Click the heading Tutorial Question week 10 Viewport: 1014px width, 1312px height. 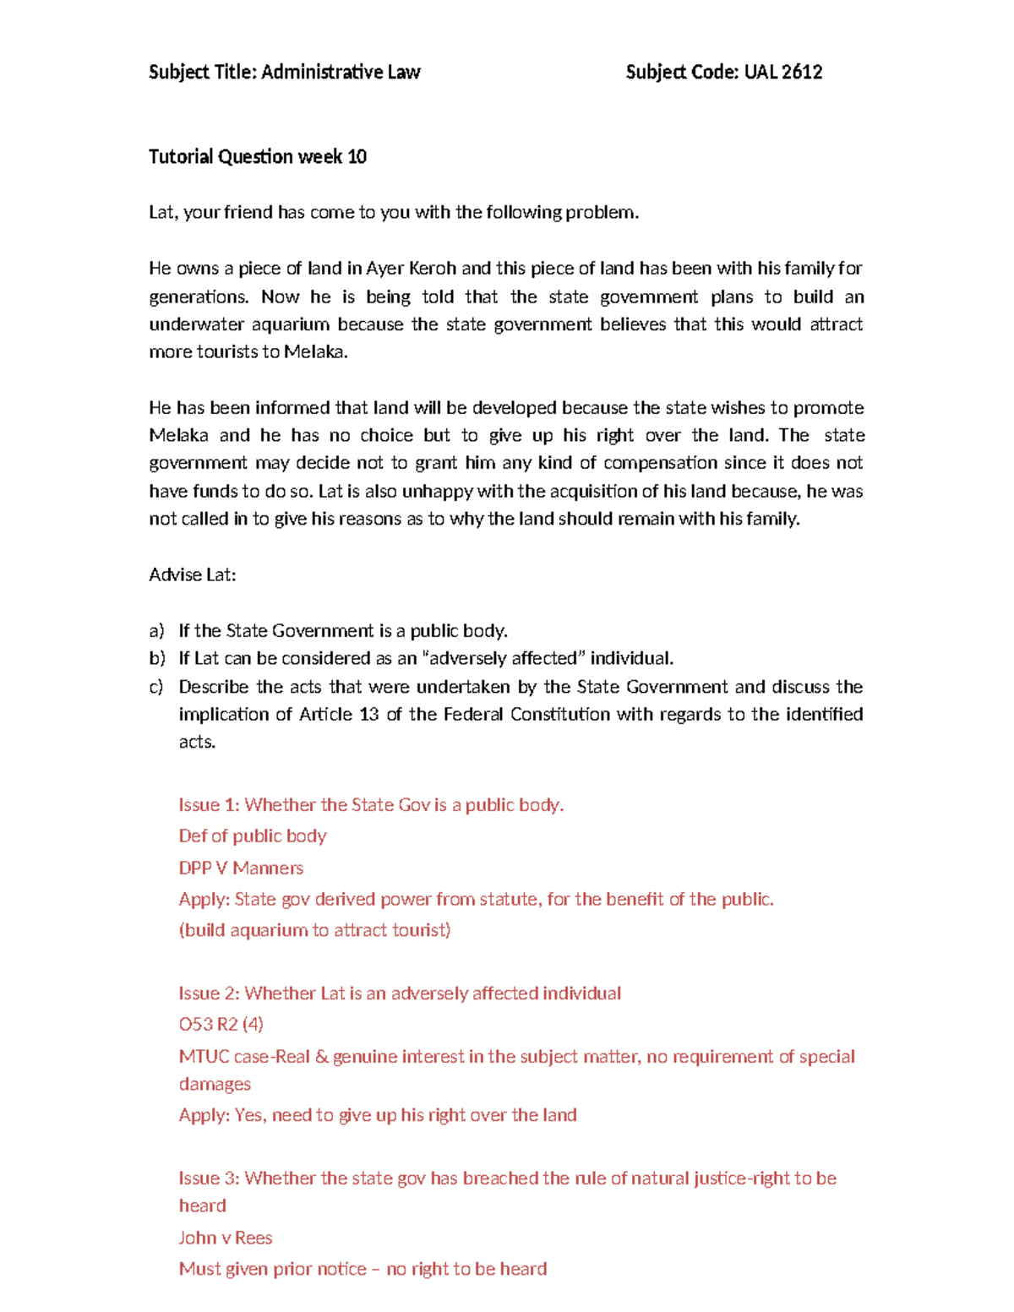pyautogui.click(x=257, y=156)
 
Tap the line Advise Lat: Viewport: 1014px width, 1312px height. pyautogui.click(x=192, y=575)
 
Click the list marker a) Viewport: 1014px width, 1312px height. pyautogui.click(x=156, y=631)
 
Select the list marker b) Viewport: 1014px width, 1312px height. pyautogui.click(x=156, y=659)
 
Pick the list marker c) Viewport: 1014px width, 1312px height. pyautogui.click(x=156, y=687)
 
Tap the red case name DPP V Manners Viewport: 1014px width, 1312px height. pyautogui.click(x=241, y=868)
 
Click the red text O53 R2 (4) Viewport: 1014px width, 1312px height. pyautogui.click(x=221, y=1025)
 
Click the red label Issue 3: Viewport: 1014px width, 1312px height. pyautogui.click(x=209, y=1179)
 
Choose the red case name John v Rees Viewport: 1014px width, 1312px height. pyautogui.click(x=225, y=1239)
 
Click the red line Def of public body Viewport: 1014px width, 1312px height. pyautogui.click(x=252, y=836)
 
